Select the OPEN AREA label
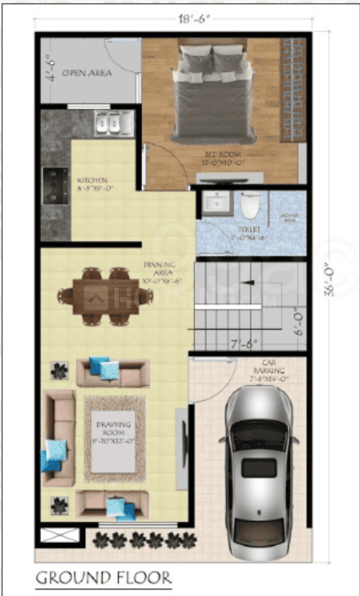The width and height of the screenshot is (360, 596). [87, 73]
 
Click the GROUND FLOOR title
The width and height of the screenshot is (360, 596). [103, 577]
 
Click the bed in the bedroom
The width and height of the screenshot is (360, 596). [212, 93]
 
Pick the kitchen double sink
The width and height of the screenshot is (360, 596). [111, 123]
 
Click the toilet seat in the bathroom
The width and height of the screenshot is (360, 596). [250, 207]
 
